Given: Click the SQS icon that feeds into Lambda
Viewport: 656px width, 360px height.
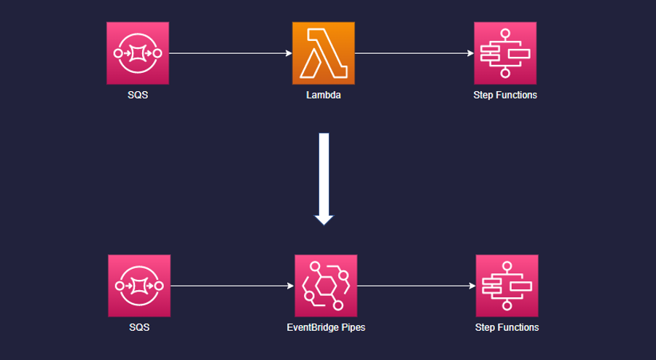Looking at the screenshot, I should click(x=138, y=53).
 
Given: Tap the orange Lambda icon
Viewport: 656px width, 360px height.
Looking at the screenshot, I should click(x=324, y=53).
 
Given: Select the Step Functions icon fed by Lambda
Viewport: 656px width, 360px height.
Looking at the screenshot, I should click(x=505, y=53).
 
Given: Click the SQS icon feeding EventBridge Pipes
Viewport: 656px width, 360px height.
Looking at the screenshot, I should click(x=139, y=286).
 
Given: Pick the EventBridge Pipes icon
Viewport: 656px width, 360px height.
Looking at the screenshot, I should click(x=326, y=286).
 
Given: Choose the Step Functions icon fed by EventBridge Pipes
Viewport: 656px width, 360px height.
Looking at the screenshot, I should click(x=507, y=286).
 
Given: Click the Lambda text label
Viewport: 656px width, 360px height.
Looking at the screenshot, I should click(x=324, y=95).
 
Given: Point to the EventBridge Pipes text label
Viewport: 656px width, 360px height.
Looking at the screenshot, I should click(x=326, y=327).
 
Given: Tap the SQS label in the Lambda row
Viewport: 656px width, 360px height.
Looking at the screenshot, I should click(x=138, y=95).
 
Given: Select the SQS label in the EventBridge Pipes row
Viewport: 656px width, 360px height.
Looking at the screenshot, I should click(x=139, y=327).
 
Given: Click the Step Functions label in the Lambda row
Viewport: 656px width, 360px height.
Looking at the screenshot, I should click(x=505, y=95).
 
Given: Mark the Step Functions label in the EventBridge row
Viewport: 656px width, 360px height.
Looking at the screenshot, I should click(x=507, y=327).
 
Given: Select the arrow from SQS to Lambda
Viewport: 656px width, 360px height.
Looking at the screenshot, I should click(x=230, y=53).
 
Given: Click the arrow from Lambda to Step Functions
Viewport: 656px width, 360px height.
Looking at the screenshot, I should click(x=414, y=53).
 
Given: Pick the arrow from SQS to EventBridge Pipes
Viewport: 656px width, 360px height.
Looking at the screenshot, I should click(x=232, y=286).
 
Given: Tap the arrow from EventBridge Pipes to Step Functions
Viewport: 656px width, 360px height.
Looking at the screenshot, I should click(x=416, y=286).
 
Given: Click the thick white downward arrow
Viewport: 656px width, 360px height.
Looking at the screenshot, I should click(x=324, y=175).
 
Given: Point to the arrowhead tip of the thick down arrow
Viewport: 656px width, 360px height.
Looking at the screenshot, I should click(x=324, y=223).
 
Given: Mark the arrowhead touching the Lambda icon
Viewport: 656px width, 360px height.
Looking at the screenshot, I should click(x=289, y=53).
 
